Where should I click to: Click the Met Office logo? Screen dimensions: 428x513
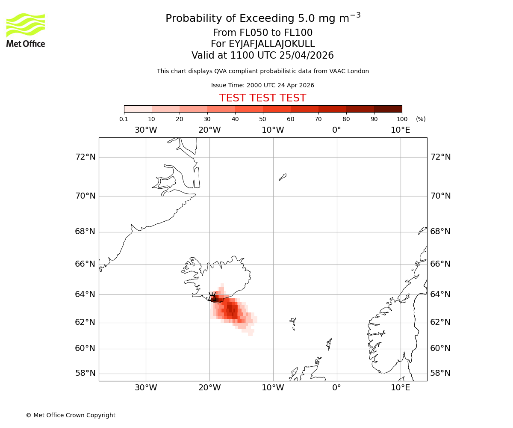(x=26, y=30)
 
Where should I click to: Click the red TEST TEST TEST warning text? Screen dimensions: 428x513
(x=262, y=98)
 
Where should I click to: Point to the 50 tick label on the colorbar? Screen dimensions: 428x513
(x=262, y=119)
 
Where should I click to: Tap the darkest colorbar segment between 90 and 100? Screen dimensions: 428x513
(x=388, y=109)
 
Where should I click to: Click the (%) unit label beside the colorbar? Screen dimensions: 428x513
(x=421, y=119)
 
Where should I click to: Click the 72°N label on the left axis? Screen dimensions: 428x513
(x=85, y=157)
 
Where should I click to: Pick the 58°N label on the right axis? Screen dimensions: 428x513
(x=440, y=373)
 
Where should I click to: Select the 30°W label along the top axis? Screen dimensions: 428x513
(x=146, y=130)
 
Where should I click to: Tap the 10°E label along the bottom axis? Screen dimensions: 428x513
(x=401, y=388)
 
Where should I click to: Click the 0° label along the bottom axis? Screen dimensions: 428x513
(x=337, y=388)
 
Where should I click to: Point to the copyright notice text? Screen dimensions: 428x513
(x=71, y=415)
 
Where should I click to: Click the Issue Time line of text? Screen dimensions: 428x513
(x=262, y=86)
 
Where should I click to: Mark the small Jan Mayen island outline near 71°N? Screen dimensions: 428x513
(x=283, y=177)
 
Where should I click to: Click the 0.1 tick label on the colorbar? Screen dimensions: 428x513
(x=124, y=119)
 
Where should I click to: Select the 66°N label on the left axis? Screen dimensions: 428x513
(x=85, y=264)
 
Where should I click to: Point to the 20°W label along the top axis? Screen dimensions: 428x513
(x=209, y=130)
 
